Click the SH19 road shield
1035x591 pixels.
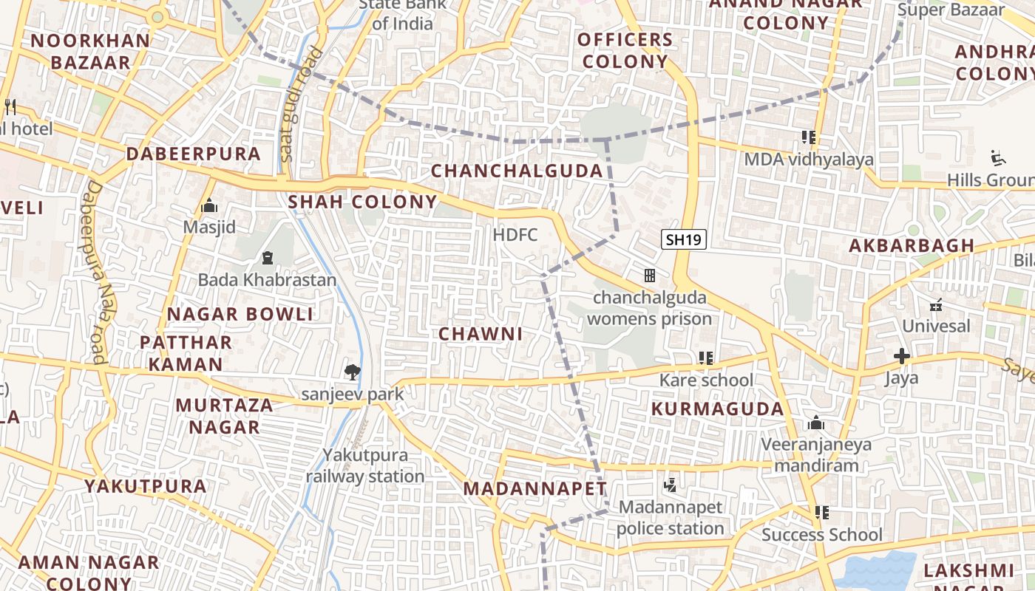click(683, 239)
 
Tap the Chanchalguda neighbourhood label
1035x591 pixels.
click(517, 171)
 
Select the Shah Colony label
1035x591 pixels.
click(362, 202)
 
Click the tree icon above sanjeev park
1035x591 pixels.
click(353, 372)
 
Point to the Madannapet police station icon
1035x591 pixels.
click(670, 485)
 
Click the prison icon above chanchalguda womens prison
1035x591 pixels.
click(649, 276)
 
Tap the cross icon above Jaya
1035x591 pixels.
click(901, 357)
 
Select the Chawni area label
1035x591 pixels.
click(481, 334)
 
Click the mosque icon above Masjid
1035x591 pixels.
click(209, 205)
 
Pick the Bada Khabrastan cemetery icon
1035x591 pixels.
click(267, 258)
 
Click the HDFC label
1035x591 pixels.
click(515, 235)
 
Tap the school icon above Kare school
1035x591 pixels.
click(705, 358)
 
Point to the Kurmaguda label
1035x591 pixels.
click(717, 409)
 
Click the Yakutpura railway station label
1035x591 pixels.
click(365, 465)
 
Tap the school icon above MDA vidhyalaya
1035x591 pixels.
click(808, 137)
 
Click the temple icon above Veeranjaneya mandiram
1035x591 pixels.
click(816, 423)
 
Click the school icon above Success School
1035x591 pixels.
click(821, 512)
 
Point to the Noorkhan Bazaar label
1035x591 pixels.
click(90, 51)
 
